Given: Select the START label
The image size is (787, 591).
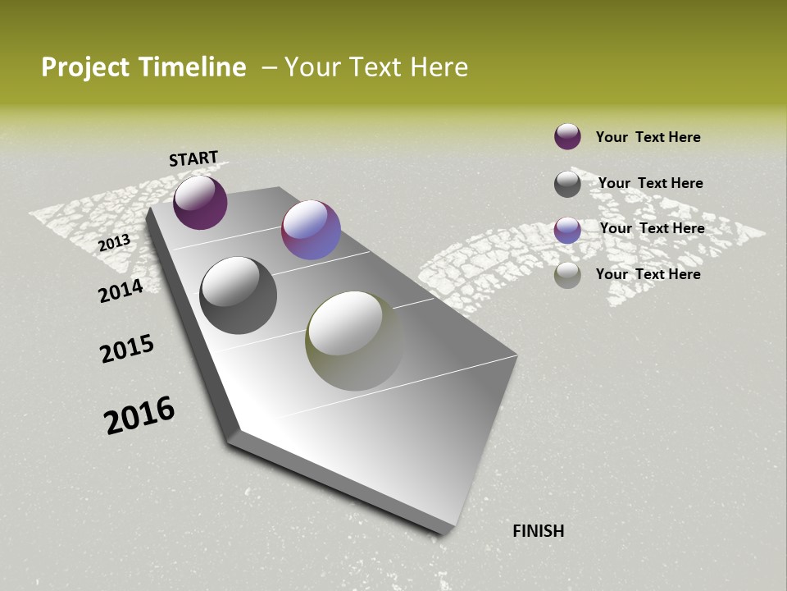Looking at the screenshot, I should (193, 158).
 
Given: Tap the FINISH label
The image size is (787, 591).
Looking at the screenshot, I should (539, 531).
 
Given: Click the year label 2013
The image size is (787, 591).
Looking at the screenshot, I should (114, 242).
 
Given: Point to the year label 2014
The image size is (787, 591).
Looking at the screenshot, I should (121, 291).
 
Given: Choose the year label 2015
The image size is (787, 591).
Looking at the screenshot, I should (127, 349).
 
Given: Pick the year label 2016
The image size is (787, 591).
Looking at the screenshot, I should (139, 415).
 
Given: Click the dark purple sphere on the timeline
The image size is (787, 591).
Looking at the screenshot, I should (200, 202).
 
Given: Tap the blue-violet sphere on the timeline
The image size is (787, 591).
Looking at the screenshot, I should (311, 230).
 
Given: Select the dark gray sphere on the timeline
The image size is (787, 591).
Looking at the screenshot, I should (238, 295).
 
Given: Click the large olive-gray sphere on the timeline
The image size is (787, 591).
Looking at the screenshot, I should (354, 341).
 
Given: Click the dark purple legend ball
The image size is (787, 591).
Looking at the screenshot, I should (567, 136).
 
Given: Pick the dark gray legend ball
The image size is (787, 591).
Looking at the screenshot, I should (567, 184).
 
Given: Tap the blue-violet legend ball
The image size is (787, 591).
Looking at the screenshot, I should (567, 230).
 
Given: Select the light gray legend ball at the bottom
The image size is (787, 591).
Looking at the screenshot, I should (567, 275).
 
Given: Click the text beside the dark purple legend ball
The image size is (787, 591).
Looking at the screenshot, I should (648, 137).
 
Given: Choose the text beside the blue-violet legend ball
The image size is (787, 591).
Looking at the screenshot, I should (652, 228).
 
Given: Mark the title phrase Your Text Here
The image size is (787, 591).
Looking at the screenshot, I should (376, 67).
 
